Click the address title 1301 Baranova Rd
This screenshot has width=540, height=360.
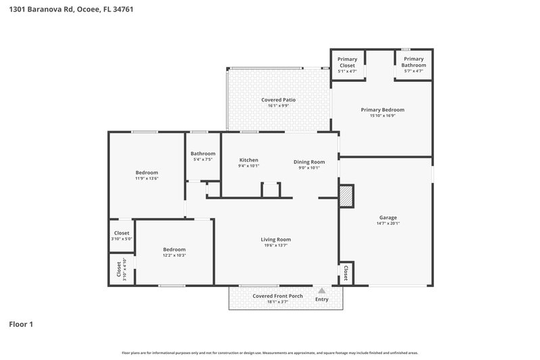point(66,10)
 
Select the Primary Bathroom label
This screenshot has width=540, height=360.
point(413,61)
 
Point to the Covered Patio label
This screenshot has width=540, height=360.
point(278,100)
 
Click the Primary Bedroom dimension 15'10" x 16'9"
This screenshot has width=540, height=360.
point(382,115)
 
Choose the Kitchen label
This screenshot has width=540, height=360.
point(248,160)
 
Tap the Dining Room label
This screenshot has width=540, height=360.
point(309,161)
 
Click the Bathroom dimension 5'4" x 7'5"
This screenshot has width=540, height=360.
point(202,159)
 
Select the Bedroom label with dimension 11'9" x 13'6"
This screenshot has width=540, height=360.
point(146,172)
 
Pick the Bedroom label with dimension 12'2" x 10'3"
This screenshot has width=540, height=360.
point(173,249)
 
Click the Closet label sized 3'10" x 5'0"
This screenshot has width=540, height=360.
point(122,233)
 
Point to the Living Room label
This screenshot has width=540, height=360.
point(275,239)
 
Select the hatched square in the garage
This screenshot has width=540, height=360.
point(346,196)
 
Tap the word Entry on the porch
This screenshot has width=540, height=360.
point(322,299)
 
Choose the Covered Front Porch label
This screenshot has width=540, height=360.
point(277,296)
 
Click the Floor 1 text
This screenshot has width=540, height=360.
point(21,325)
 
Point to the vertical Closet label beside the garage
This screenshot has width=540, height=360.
point(346,273)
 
